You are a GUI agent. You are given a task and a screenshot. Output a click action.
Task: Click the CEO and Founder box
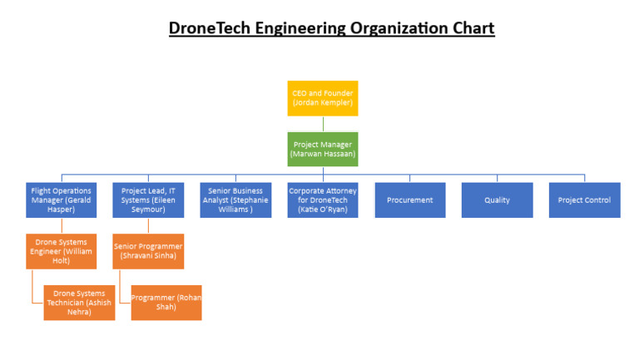[x=323, y=98]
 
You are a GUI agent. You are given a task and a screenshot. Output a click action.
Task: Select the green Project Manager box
[x=323, y=150]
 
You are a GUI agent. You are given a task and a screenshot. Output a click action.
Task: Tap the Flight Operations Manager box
[x=61, y=200]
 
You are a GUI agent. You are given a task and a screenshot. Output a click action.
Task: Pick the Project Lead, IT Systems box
[x=148, y=200]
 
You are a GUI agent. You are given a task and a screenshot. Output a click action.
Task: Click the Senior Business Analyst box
[x=235, y=200]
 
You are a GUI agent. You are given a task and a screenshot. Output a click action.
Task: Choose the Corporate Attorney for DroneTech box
[x=323, y=200]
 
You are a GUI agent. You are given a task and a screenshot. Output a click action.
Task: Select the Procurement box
[x=409, y=200]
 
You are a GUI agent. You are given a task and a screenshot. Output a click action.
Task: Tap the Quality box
[x=497, y=200]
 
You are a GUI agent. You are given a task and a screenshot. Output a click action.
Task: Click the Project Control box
[x=584, y=200]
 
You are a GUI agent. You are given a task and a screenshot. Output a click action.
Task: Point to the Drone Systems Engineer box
[x=61, y=252]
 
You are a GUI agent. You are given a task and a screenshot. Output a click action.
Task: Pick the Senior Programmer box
[x=148, y=252]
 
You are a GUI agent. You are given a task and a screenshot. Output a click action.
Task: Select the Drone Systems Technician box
[x=79, y=303]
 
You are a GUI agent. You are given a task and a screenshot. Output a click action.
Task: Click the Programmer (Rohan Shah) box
[x=166, y=303]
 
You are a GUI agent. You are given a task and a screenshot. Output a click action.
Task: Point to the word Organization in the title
[x=393, y=28]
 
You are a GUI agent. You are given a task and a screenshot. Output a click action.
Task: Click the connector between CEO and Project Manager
[x=323, y=124]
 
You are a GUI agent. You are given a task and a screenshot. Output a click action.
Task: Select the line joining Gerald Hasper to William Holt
[x=61, y=226]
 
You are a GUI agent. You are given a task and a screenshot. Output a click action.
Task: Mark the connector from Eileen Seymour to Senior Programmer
[x=148, y=226]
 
